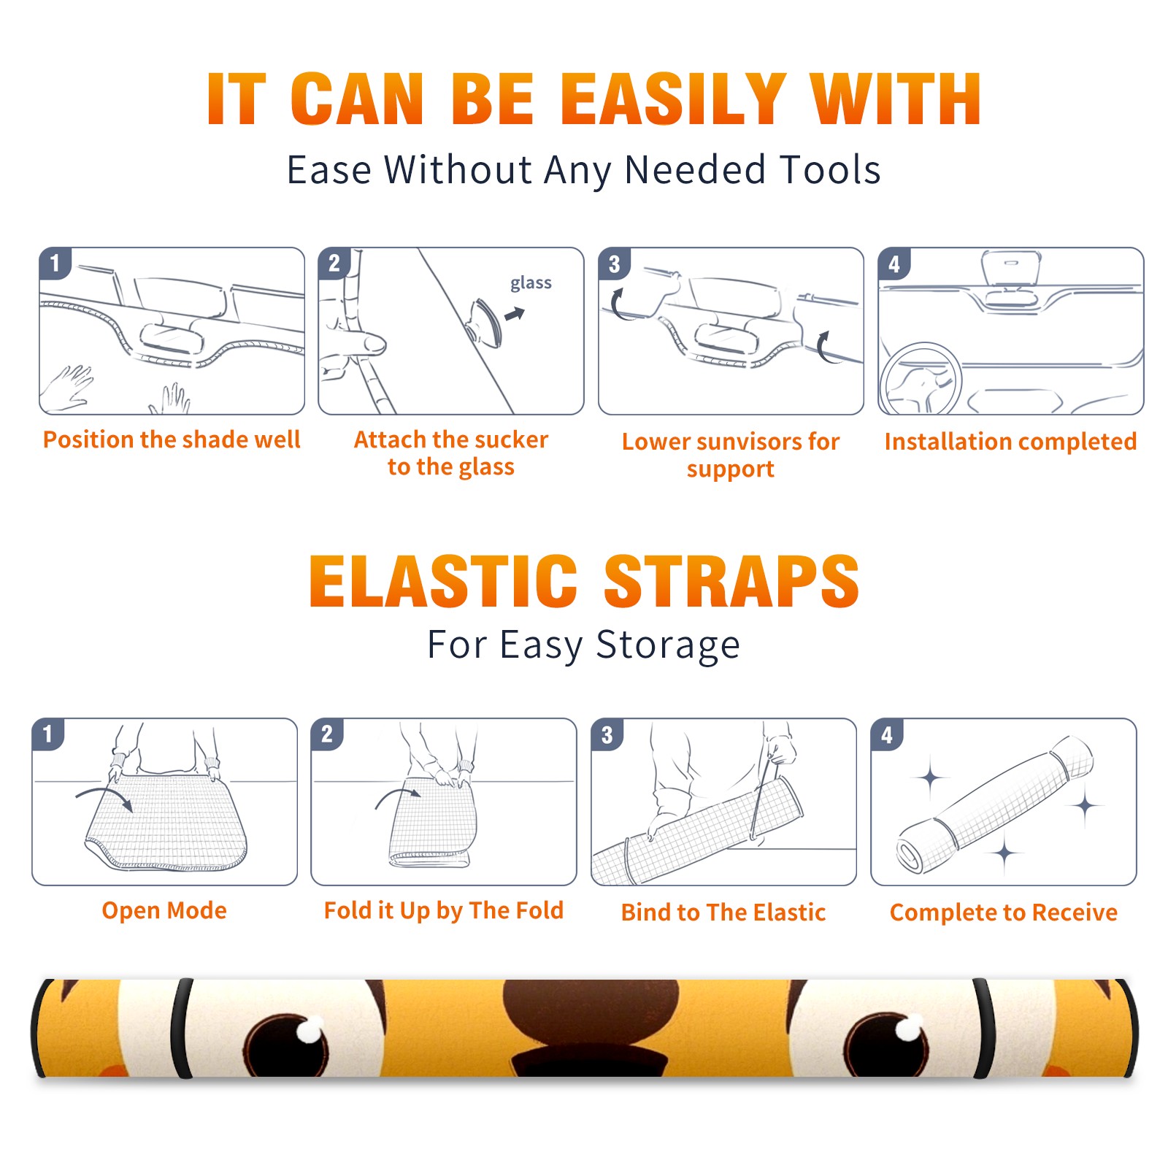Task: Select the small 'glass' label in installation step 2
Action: (x=531, y=283)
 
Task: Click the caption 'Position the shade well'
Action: (x=172, y=439)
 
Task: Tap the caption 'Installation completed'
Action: (x=1010, y=441)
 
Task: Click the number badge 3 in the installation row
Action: (x=614, y=264)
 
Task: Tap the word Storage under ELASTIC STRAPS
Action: (x=668, y=645)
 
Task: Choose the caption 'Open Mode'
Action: (x=164, y=910)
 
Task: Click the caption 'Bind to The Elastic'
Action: (x=723, y=912)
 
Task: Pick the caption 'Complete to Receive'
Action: (x=1004, y=912)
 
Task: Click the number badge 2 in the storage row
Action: (x=327, y=734)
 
